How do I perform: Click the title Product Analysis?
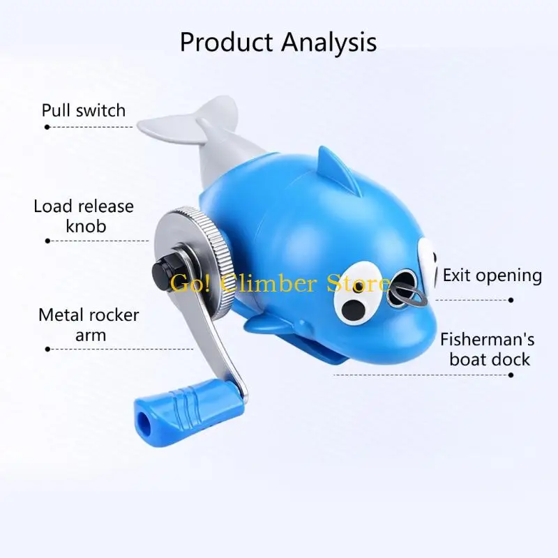pos(278,43)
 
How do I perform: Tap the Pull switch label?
pos(84,110)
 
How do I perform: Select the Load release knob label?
pos(84,216)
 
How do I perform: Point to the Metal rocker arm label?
pos(89,324)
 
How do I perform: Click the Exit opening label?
pos(492,276)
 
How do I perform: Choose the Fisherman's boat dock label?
pos(488,349)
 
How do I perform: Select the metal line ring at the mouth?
pos(409,294)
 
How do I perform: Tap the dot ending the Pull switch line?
pos(47,127)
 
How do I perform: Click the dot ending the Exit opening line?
pos(511,300)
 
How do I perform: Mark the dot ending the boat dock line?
pos(511,375)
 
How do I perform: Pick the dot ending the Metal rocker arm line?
pos(47,349)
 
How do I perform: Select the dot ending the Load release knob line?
pos(47,241)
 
